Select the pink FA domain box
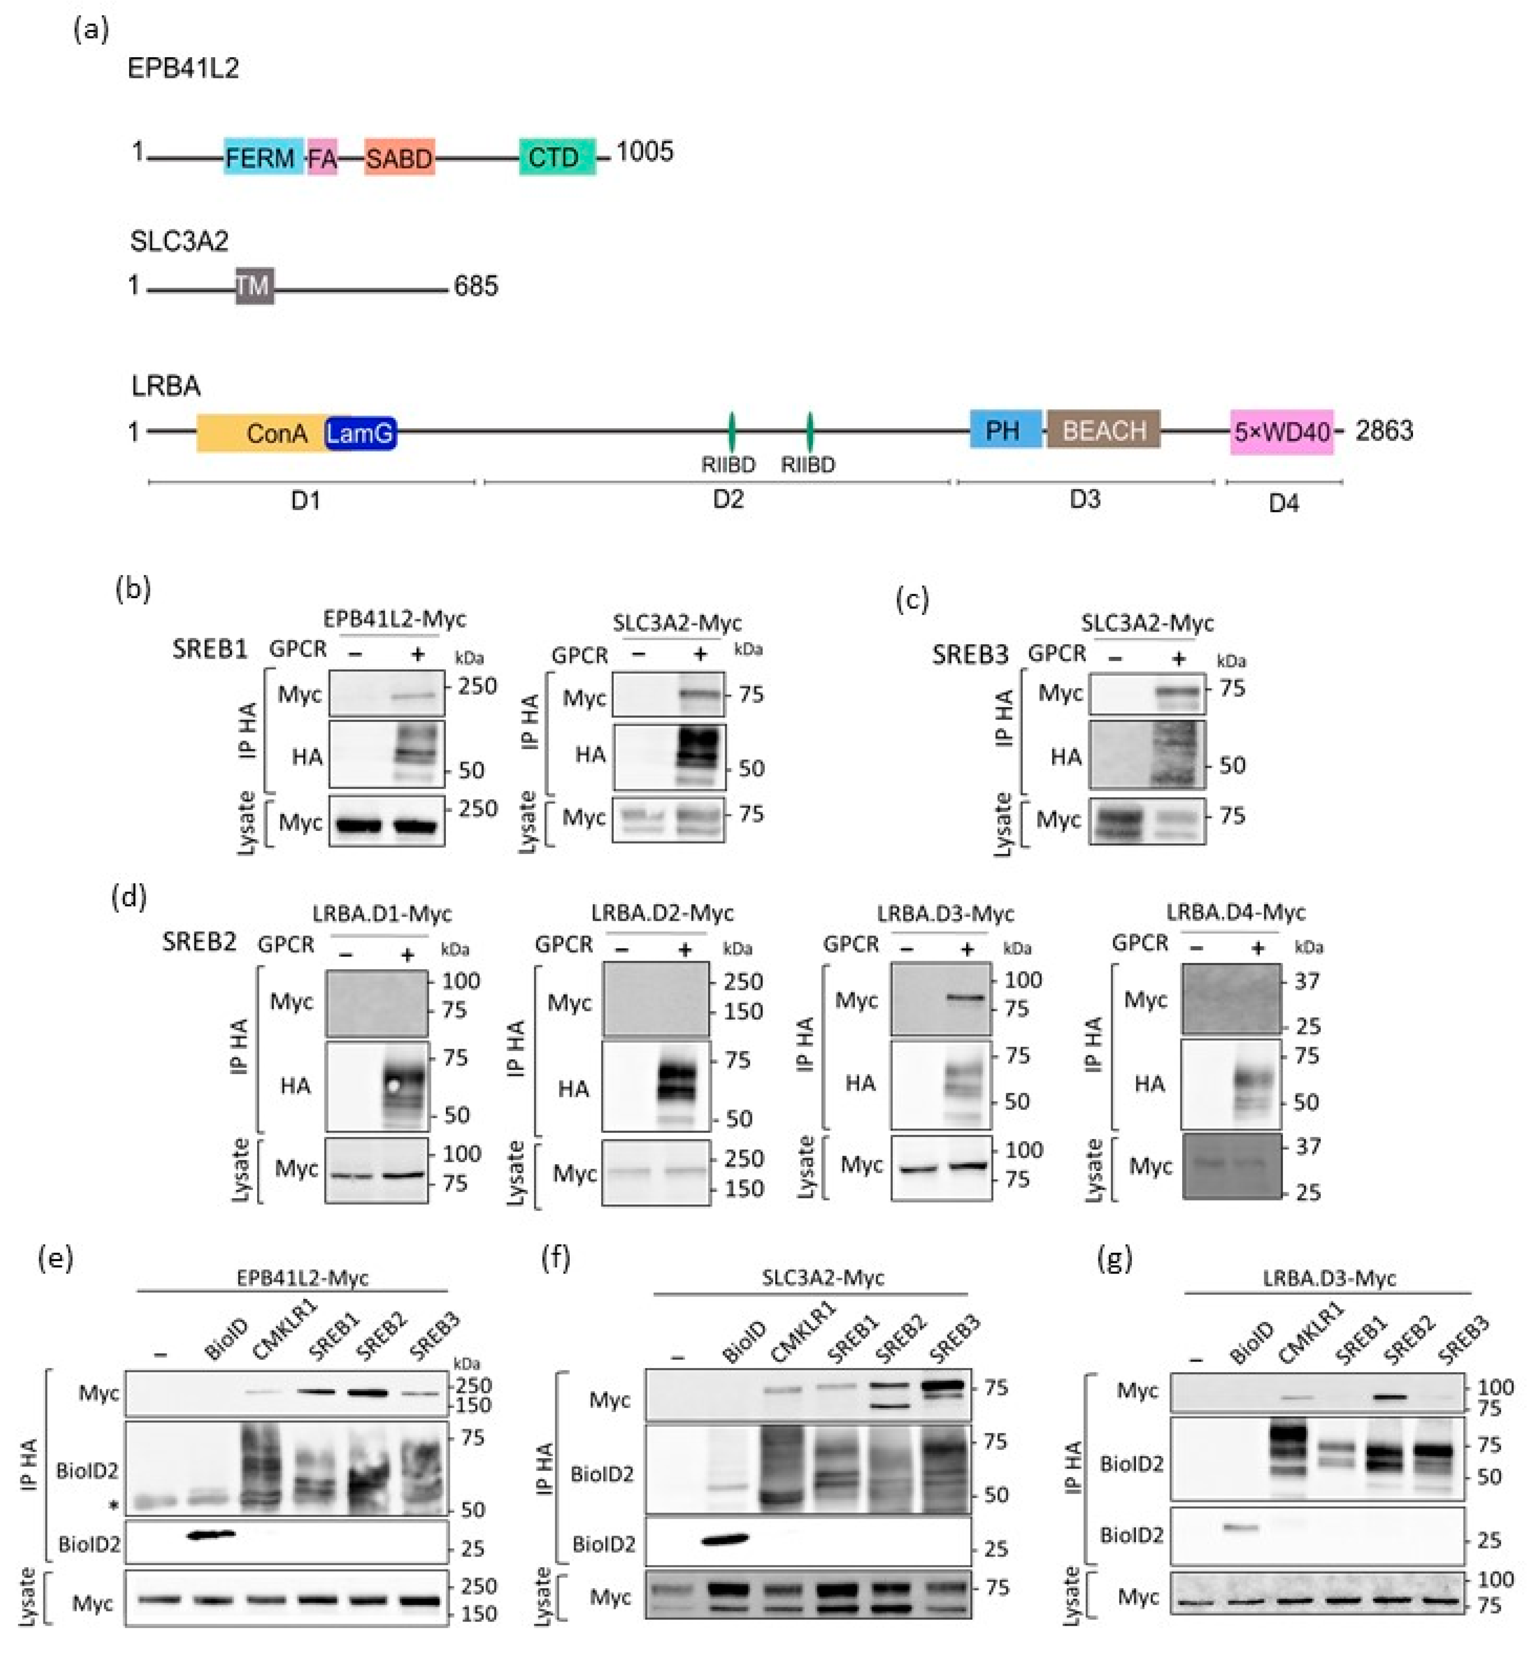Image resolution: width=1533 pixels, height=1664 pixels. pos(323,157)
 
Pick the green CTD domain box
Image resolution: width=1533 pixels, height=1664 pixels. pos(557,157)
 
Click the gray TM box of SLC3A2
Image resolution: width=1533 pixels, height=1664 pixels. pos(254,286)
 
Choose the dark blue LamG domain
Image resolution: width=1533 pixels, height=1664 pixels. pos(361,432)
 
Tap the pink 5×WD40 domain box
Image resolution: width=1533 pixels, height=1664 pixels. pos(1281,431)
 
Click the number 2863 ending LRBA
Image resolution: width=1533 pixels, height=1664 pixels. pos(1384,431)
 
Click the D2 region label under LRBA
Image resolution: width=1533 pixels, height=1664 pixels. pos(728,499)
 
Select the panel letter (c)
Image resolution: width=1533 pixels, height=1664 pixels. pos(912,599)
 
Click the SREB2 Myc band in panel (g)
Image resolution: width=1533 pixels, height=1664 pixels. pos(1392,1397)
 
